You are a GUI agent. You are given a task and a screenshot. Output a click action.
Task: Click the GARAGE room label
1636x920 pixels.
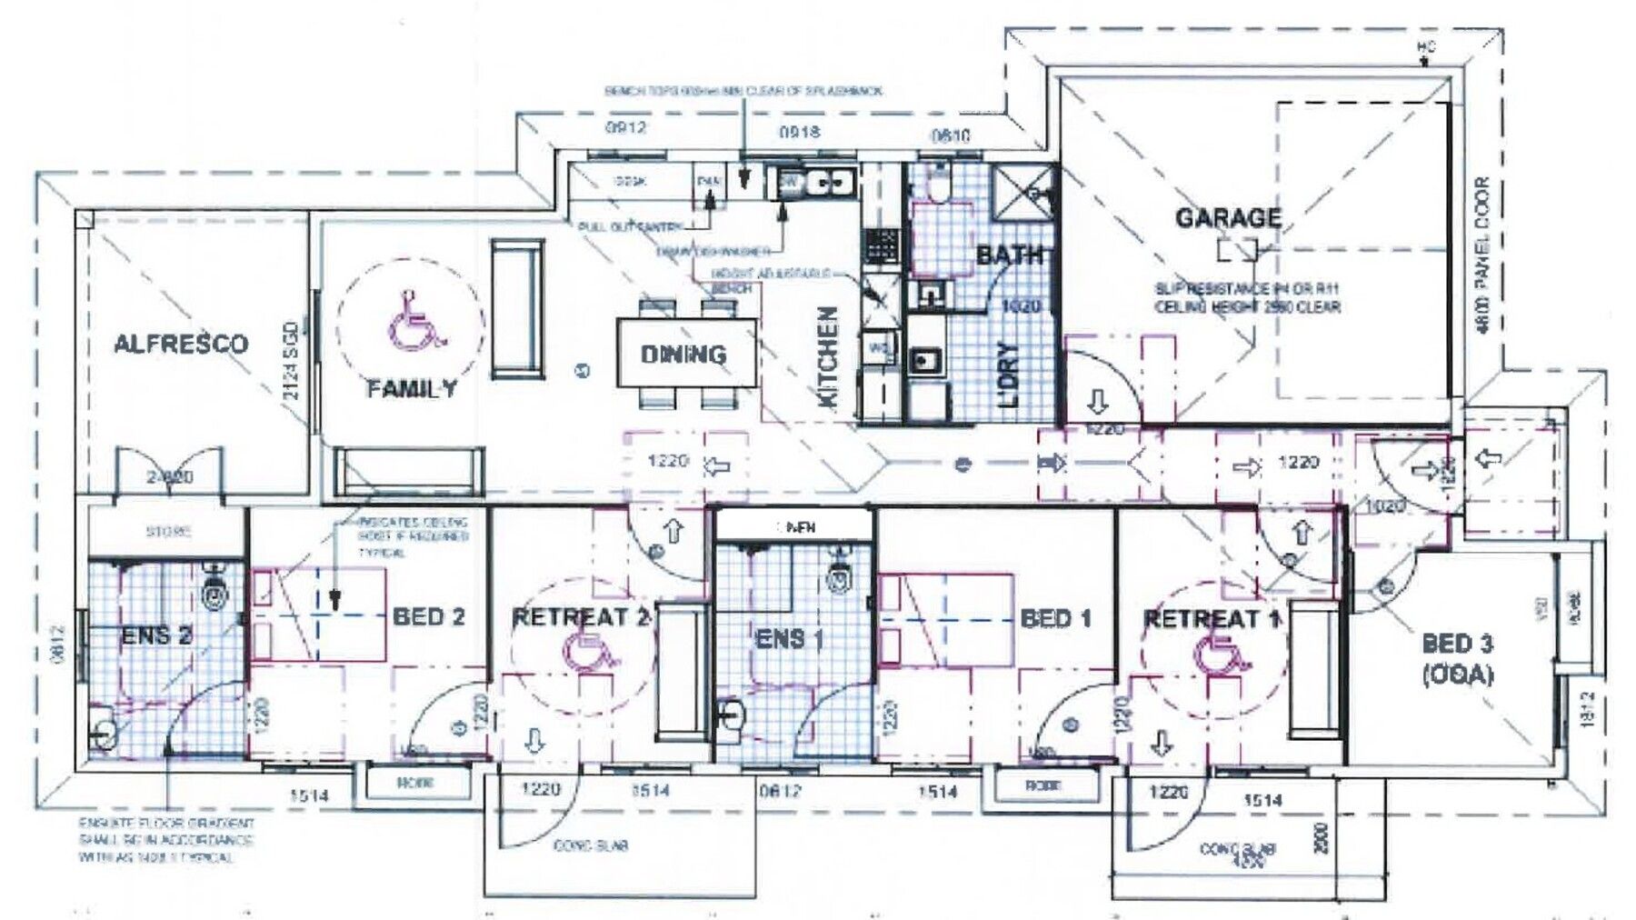click(x=1228, y=218)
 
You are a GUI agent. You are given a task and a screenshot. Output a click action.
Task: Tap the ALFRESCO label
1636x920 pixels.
click(x=181, y=344)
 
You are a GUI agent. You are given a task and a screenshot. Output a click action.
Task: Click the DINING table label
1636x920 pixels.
click(x=683, y=355)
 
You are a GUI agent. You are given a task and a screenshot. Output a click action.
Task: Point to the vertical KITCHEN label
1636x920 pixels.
click(x=828, y=356)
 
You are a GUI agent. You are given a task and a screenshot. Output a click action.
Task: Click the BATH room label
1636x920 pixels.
click(x=1010, y=255)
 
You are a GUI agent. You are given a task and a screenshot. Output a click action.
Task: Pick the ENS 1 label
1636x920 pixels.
click(x=789, y=639)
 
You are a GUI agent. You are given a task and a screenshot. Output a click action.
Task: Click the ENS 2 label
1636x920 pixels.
click(x=156, y=635)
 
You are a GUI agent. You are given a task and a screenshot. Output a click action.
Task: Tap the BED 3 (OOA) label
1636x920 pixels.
click(x=1457, y=659)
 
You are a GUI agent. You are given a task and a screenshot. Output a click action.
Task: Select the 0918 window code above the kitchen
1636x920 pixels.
click(x=799, y=133)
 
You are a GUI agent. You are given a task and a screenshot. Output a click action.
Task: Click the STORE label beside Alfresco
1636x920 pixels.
click(x=168, y=531)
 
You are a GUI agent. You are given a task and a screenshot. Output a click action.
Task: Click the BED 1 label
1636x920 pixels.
click(x=1055, y=619)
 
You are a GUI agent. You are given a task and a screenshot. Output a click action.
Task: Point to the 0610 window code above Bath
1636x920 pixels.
click(x=951, y=136)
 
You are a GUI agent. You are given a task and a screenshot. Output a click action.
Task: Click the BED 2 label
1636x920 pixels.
click(x=428, y=617)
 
